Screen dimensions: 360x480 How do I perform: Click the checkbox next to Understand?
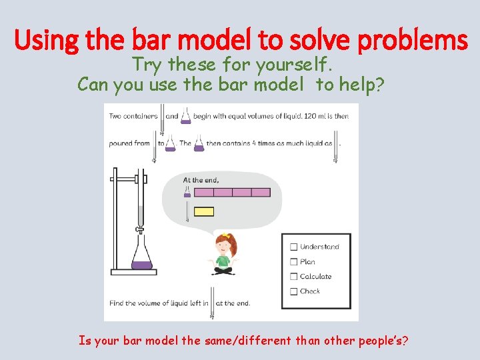293,247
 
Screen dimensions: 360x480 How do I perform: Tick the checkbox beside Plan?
293,262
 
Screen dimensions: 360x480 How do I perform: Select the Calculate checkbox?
293,277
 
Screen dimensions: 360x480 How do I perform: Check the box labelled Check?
293,291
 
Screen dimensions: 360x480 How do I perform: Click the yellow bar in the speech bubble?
203,212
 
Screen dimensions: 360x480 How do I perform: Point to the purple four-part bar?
232,193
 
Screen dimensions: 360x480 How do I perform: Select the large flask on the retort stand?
141,256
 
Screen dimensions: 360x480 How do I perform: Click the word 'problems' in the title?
413,41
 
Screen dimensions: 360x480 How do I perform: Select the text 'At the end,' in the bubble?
201,179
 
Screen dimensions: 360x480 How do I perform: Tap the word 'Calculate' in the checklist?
315,277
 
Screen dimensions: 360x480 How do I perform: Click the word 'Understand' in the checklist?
319,247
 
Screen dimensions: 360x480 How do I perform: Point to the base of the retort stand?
133,272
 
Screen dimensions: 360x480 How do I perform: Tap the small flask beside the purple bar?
187,193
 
